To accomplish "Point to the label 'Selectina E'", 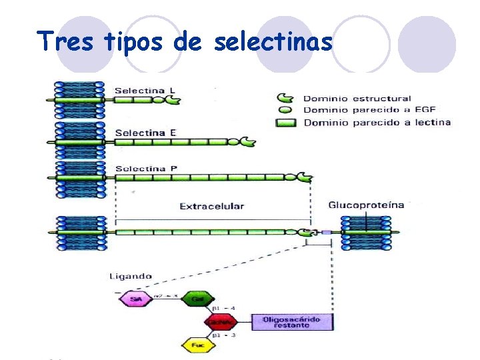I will [x=145, y=133].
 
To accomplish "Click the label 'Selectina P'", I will [x=146, y=169].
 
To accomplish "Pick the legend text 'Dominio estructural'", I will [x=357, y=99].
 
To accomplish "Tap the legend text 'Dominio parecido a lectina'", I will [x=377, y=122].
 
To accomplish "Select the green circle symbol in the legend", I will [x=285, y=110].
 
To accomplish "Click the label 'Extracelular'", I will [x=211, y=207].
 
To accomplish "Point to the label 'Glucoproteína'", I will [x=366, y=205].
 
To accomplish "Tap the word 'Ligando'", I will [x=131, y=276].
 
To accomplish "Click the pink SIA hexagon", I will [x=135, y=300].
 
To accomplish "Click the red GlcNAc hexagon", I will [x=220, y=322].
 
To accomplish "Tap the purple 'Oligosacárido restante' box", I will [x=291, y=323].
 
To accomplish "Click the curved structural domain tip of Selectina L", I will [x=173, y=100].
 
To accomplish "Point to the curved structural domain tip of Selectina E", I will [x=247, y=142].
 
